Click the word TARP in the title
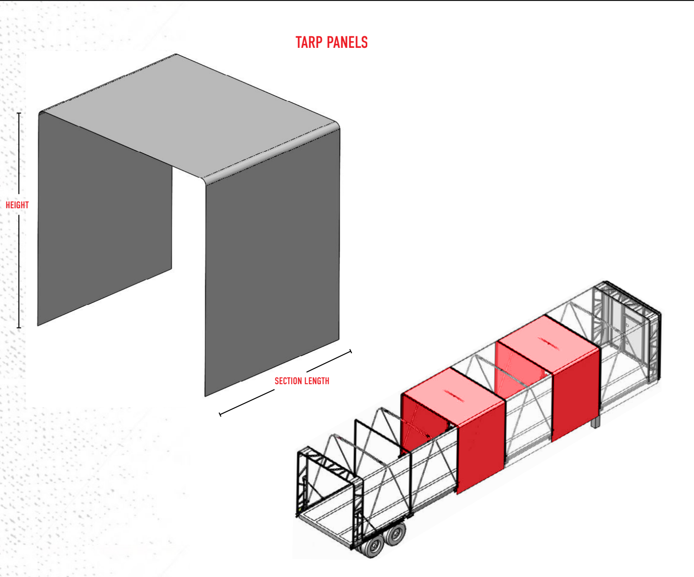(309, 43)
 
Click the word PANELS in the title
(347, 43)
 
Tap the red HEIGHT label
(17, 205)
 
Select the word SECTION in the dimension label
(288, 381)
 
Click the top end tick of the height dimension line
(19, 114)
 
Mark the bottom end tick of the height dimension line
(19, 328)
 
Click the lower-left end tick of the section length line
(220, 414)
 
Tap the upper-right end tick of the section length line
(351, 351)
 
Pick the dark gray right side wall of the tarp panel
(273, 266)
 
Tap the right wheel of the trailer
(396, 534)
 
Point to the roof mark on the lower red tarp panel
(454, 395)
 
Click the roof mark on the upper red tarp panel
(549, 344)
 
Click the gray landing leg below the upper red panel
(595, 422)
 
